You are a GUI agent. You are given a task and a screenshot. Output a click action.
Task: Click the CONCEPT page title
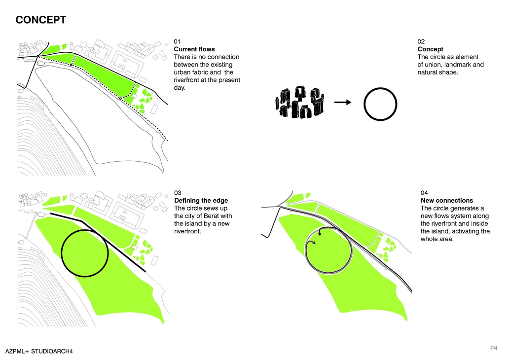[x=40, y=20]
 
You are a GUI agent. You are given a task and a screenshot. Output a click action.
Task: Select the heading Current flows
[x=194, y=49]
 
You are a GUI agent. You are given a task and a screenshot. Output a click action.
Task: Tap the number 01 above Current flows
[x=177, y=41]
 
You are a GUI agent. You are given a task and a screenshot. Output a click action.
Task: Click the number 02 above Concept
[x=421, y=41]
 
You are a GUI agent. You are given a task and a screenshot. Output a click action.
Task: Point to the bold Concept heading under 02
[x=430, y=49]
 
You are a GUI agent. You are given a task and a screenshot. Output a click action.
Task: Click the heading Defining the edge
[x=201, y=201]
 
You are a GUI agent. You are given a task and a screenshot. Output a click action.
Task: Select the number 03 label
[x=178, y=193]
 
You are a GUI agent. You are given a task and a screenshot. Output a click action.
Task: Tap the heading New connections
[x=447, y=201]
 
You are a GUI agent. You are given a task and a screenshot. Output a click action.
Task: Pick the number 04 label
[x=424, y=193]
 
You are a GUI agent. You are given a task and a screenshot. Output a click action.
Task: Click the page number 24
[x=493, y=348]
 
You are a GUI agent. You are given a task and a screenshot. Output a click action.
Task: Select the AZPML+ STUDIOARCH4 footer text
[x=39, y=351]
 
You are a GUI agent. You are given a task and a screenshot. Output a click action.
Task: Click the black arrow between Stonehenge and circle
[x=343, y=102]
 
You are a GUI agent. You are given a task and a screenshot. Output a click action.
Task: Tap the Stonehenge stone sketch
[x=299, y=102]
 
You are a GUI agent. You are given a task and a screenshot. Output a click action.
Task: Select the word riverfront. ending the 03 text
[x=187, y=231]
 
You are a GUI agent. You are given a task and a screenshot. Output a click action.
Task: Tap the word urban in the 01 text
[x=182, y=72]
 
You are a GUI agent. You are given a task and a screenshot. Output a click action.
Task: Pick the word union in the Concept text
[x=434, y=65]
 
